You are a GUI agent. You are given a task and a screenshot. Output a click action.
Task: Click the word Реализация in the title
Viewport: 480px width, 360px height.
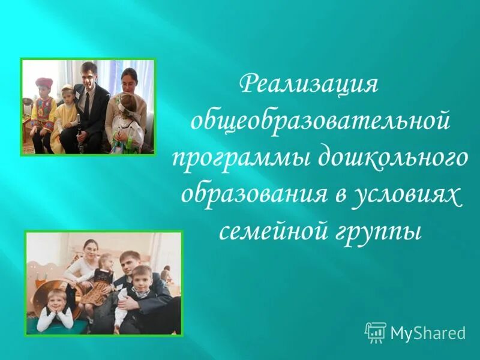click(x=309, y=85)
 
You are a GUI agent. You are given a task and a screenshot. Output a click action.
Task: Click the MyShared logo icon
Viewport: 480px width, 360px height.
click(x=376, y=331)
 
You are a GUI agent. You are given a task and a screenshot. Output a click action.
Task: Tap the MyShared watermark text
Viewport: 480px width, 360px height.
click(x=428, y=332)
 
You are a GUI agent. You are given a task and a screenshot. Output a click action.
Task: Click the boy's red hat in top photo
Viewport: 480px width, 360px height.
click(x=44, y=82)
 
